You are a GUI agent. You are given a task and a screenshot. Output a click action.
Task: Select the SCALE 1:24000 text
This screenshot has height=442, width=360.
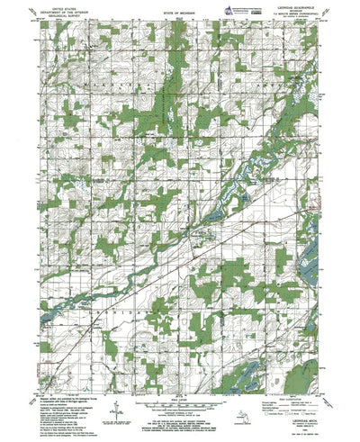click(180, 392)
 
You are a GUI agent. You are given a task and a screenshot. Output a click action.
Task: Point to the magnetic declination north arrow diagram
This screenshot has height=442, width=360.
click(117, 412)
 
